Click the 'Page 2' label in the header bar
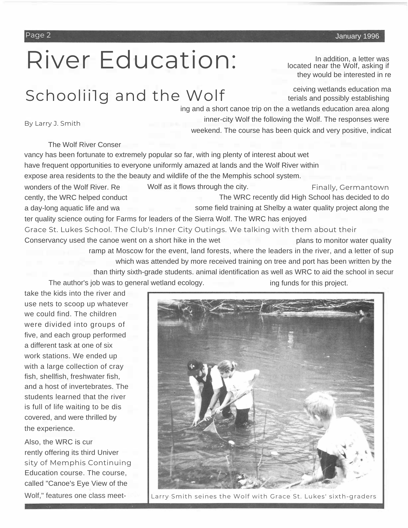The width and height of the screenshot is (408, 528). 38,35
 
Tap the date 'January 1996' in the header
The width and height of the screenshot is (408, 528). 357,36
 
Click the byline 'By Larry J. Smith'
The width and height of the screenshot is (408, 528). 52,124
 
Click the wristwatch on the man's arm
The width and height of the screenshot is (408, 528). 210,408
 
